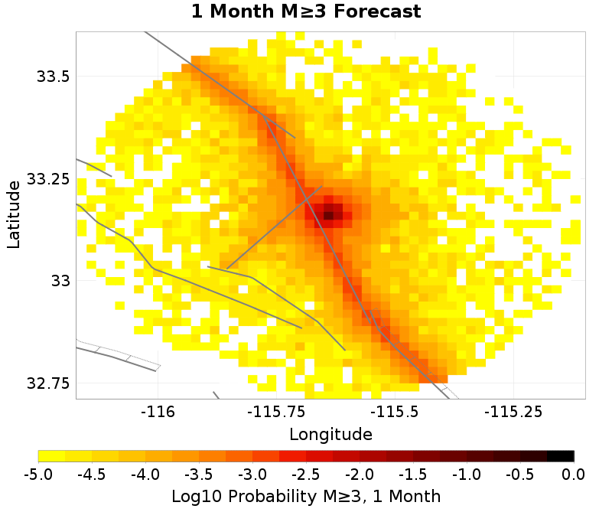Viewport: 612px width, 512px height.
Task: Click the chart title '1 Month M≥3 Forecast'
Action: point(305,11)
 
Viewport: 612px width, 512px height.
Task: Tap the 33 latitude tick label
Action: point(60,281)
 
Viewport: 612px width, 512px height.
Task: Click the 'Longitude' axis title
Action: point(330,435)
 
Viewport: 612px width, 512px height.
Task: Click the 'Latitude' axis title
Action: point(14,214)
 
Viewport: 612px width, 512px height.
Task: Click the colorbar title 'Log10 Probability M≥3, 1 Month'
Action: point(306,495)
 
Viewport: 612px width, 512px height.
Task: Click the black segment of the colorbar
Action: point(561,456)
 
